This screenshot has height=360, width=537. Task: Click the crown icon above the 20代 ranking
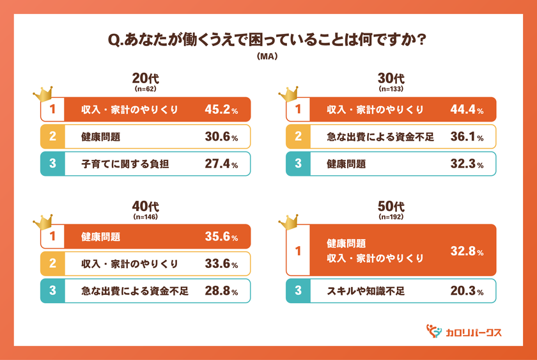point(42,94)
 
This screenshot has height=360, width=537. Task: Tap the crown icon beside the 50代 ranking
point(288,222)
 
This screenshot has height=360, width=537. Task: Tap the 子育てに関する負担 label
point(120,164)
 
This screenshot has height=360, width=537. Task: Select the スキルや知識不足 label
point(366,292)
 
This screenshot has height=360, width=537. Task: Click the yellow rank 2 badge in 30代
point(298,137)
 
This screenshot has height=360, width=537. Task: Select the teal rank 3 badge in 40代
point(52,291)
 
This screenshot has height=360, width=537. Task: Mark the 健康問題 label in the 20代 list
point(101,137)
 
